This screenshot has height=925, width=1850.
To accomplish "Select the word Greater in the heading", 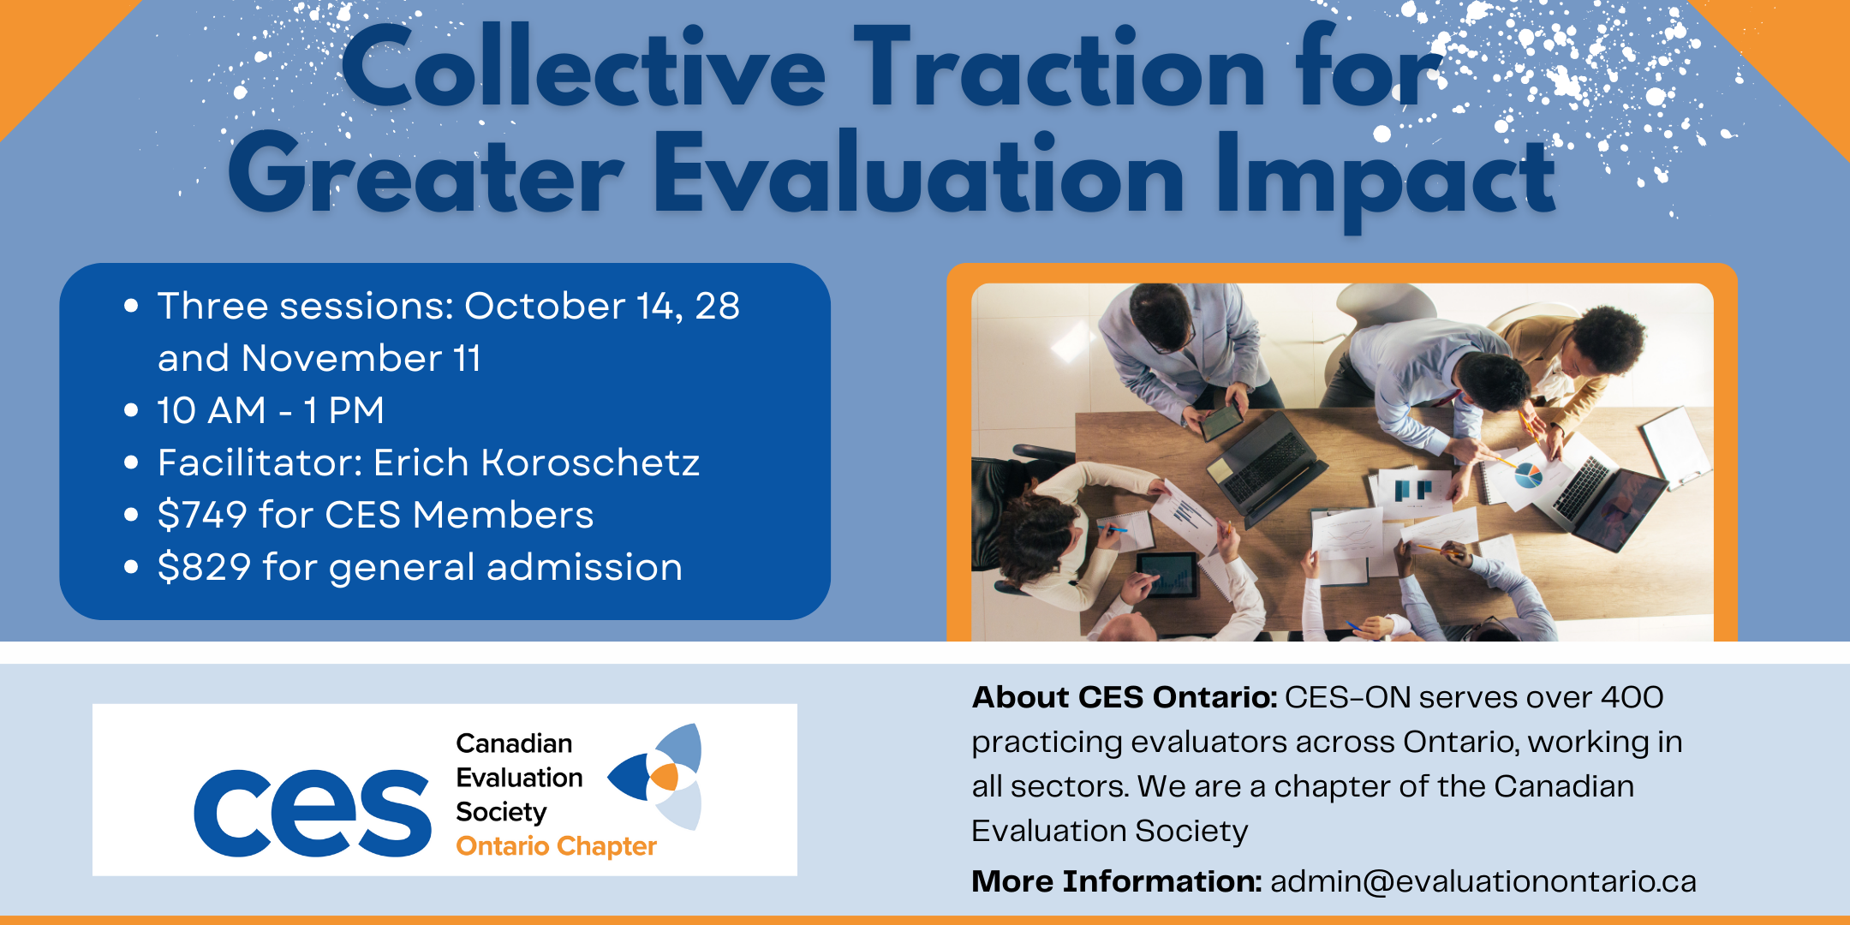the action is click(426, 176).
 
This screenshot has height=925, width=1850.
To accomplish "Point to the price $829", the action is click(205, 567).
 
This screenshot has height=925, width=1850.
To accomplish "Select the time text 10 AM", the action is click(212, 410).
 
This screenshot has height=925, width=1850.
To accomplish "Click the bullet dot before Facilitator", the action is click(131, 463).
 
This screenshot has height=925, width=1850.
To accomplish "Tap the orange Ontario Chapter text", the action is click(556, 846).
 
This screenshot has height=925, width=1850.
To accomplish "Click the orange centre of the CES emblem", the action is click(665, 777).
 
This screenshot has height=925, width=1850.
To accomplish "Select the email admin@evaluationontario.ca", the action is click(1483, 881).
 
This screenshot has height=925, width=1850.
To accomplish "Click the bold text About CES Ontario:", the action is click(1125, 697).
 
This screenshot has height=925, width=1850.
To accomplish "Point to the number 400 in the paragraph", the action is click(1632, 697).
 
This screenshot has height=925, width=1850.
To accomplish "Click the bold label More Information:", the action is click(1117, 880).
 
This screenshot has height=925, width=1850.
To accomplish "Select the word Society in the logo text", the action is click(501, 812).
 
